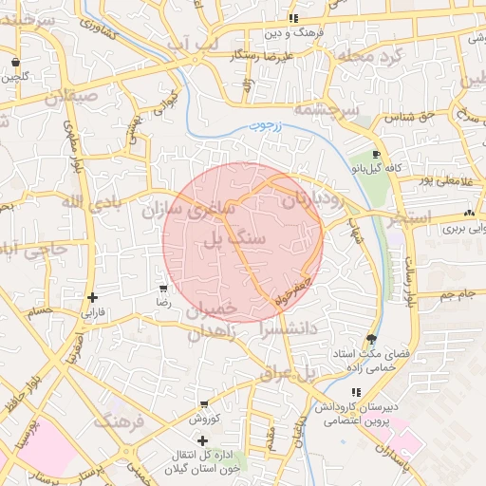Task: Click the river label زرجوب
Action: tap(268, 125)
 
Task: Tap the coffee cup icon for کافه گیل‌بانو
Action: tap(377, 155)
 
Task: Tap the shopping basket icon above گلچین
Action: tap(15, 63)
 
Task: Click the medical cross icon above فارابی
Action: tap(92, 297)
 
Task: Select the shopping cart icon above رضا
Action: tap(163, 289)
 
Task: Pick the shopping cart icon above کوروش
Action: tap(204, 404)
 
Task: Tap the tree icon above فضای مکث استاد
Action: tap(370, 340)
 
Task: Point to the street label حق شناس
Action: tap(404, 118)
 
